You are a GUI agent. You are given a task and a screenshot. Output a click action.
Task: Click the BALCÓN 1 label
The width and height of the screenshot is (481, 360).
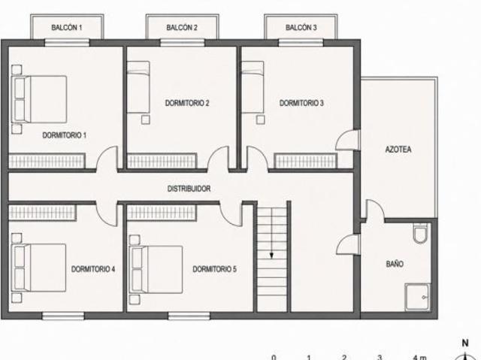point(67,28)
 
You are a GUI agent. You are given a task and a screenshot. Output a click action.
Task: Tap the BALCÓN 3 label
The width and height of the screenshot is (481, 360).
point(301,28)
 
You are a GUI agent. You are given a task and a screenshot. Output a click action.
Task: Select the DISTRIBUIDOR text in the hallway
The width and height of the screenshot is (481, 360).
point(189,189)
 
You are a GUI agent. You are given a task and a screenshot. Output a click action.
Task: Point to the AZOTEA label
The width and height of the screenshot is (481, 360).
point(398,150)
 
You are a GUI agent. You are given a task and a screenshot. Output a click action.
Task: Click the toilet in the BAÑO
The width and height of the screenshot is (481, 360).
point(420,233)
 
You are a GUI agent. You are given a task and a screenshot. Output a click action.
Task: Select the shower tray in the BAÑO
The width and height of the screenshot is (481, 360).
point(418,297)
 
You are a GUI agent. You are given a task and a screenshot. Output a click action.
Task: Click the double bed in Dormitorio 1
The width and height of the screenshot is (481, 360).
point(39,99)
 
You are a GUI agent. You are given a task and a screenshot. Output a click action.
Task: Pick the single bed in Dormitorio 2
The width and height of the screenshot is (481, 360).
point(138,87)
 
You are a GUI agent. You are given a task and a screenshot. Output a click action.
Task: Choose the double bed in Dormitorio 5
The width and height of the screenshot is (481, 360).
point(156,270)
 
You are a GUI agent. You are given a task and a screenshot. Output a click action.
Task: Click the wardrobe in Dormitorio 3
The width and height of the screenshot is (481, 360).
point(306,161)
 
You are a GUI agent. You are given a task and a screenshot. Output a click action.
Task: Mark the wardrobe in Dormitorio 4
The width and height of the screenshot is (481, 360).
point(42,212)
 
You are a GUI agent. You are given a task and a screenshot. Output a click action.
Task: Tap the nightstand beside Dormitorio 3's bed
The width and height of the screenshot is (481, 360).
point(261,119)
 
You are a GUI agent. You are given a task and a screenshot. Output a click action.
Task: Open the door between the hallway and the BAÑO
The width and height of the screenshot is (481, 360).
point(349,244)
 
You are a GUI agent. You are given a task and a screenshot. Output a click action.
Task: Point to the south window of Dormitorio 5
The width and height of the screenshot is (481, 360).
point(189,316)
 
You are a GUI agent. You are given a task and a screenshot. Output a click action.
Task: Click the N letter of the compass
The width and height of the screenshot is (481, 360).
point(465,343)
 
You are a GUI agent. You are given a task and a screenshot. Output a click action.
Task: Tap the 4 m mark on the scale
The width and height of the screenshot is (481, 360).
point(419,357)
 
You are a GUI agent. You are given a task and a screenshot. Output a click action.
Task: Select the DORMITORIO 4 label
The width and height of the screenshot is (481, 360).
point(93,269)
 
